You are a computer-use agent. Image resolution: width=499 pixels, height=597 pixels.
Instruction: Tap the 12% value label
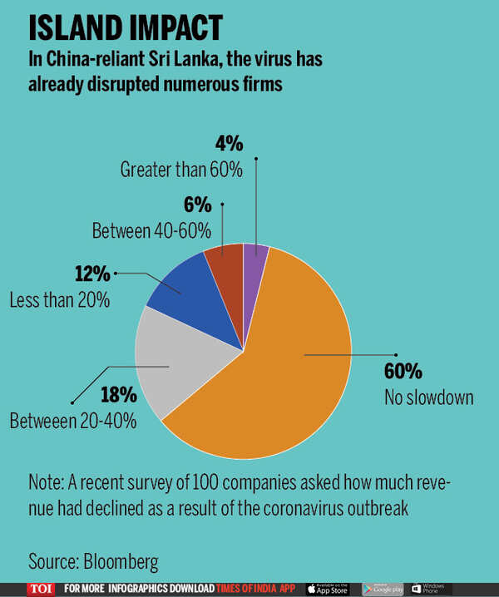pyautogui.click(x=91, y=273)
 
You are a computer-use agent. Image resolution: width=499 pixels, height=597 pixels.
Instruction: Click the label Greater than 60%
pyautogui.click(x=181, y=170)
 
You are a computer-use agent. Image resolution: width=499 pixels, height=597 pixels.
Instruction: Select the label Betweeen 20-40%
pyautogui.click(x=74, y=422)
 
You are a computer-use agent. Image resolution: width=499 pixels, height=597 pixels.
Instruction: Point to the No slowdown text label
pyautogui.click(x=427, y=397)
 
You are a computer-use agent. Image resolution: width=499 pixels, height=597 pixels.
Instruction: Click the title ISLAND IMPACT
pyautogui.click(x=126, y=27)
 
